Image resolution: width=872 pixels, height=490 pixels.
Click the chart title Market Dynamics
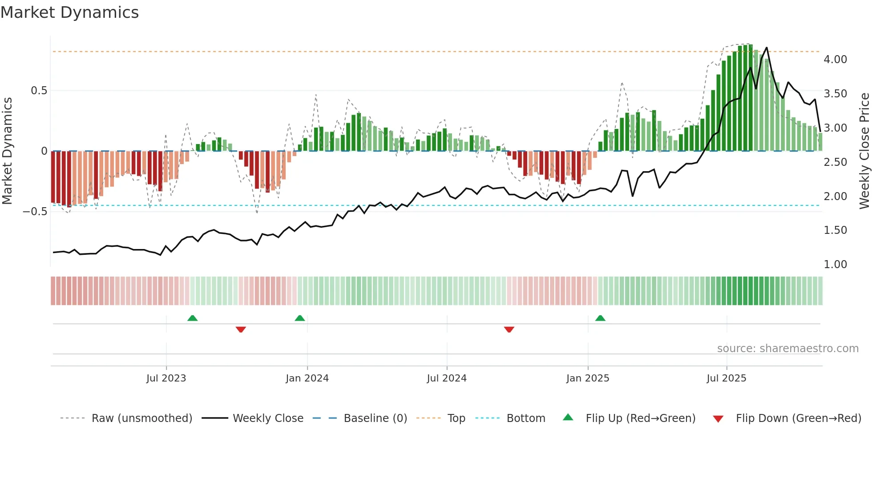tap(69, 12)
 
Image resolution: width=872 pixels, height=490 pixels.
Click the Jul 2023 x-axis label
tap(166, 378)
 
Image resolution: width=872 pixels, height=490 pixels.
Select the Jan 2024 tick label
tap(307, 378)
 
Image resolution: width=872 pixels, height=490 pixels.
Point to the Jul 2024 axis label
tap(447, 378)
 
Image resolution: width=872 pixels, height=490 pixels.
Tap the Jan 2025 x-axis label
tap(588, 378)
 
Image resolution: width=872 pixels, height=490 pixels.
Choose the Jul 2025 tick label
tap(727, 378)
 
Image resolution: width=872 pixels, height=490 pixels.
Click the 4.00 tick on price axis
tap(835, 60)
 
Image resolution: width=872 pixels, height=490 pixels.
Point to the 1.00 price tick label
tap(835, 265)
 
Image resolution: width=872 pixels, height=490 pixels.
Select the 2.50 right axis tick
tap(835, 162)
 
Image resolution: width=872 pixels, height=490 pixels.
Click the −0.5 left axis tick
tap(35, 212)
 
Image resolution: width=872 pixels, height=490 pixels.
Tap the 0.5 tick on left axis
tap(39, 91)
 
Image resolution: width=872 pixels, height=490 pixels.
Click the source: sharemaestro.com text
tap(787, 349)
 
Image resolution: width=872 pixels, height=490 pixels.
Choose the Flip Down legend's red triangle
tap(718, 419)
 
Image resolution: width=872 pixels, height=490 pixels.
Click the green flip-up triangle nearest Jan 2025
tap(600, 318)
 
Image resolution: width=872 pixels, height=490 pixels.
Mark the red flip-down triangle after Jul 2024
tap(509, 329)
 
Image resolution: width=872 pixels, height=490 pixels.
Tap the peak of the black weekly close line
tap(767, 48)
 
